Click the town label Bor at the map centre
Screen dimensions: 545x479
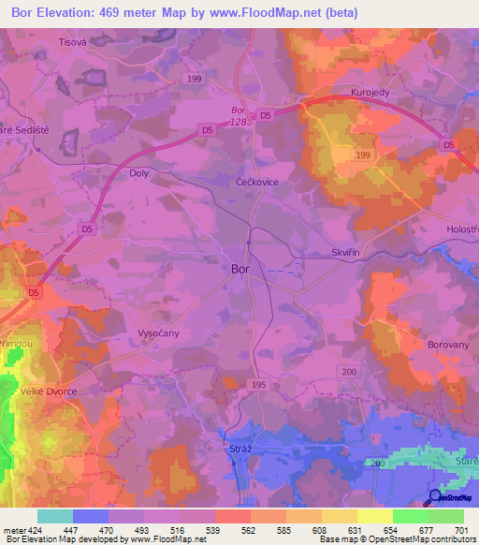[239, 269]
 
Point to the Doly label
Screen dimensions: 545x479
[138, 173]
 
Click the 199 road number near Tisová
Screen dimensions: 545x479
[193, 81]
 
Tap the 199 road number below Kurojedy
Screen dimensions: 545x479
[364, 155]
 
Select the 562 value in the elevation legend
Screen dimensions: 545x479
[231, 529]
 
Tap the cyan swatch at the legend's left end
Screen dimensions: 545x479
[54, 516]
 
